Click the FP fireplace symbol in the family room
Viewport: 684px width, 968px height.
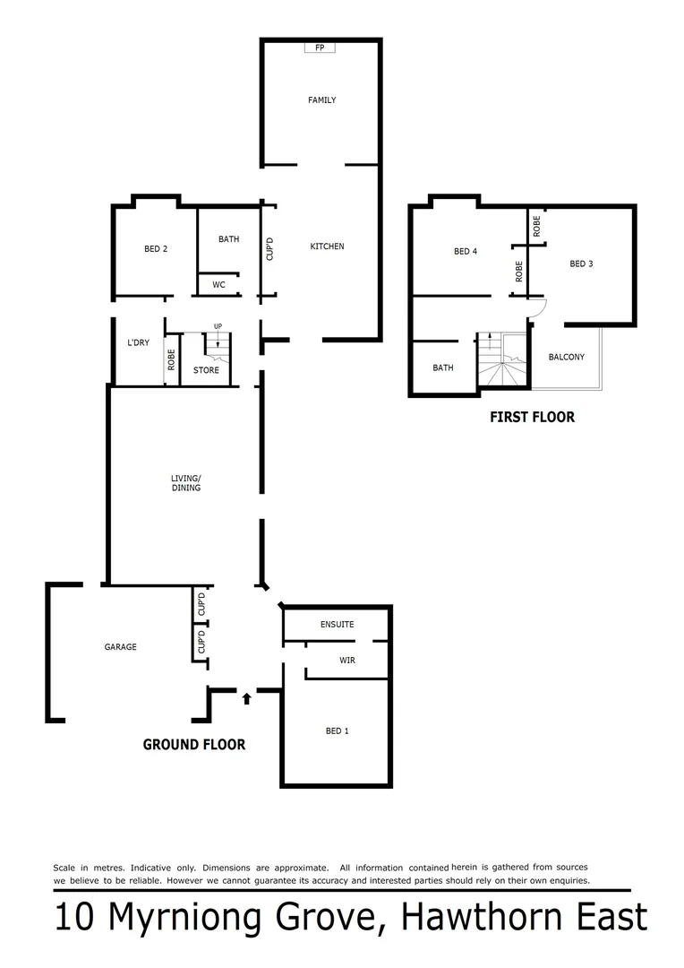click(x=320, y=48)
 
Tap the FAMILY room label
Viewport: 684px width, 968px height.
click(x=321, y=100)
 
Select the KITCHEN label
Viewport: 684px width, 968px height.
click(x=327, y=246)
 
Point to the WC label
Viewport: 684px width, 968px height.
click(x=218, y=285)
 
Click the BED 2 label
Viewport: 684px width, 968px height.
click(x=156, y=249)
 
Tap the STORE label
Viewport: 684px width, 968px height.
click(x=206, y=370)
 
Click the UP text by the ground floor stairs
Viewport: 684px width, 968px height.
click(x=218, y=326)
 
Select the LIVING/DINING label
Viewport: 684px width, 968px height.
click(x=186, y=484)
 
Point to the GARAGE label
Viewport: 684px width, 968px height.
click(x=121, y=646)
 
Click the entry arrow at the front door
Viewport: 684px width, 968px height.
click(x=246, y=697)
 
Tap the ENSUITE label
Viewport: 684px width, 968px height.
click(x=338, y=624)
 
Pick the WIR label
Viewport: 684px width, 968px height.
click(x=347, y=660)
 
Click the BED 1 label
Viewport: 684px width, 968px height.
click(x=337, y=731)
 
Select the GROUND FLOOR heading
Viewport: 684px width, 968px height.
click(x=194, y=744)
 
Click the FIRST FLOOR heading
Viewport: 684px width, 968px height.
click(x=532, y=417)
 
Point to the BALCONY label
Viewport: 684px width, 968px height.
click(x=566, y=357)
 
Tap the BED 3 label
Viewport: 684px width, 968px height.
click(x=581, y=264)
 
